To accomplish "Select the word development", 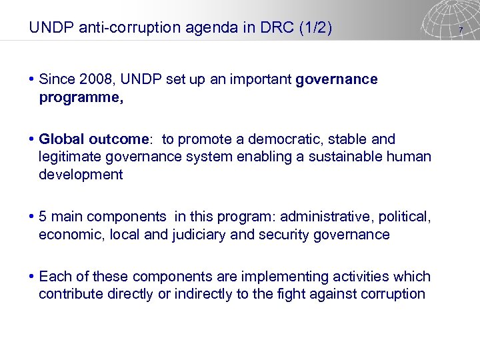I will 81,175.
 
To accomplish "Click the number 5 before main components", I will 43,217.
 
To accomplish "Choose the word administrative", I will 320,217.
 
